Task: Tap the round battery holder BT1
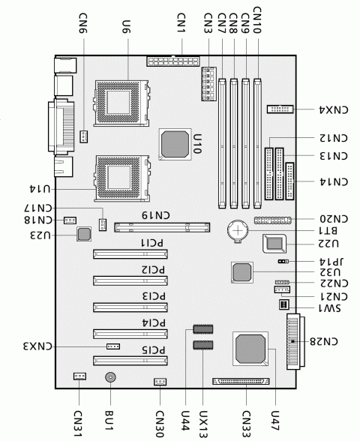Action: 238,231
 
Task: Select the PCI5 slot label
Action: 152,350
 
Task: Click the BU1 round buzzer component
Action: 110,379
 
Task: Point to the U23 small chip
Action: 84,235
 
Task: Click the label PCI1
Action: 152,243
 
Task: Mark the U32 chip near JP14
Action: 241,272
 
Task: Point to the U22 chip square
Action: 274,243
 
